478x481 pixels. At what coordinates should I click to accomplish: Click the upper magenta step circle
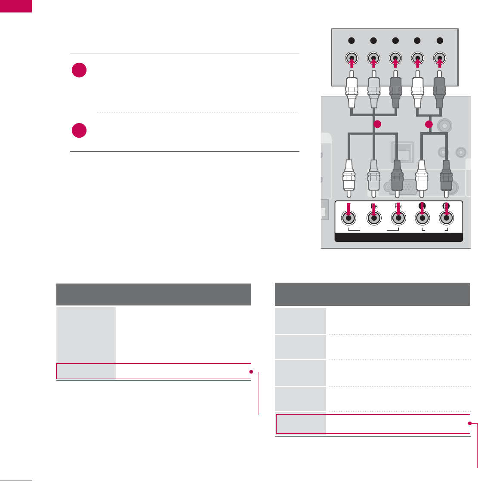[x=80, y=71]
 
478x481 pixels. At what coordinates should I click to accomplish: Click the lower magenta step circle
[x=80, y=130]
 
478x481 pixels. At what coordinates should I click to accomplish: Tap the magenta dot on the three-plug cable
[x=377, y=125]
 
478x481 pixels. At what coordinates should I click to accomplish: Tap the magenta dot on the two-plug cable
[x=429, y=125]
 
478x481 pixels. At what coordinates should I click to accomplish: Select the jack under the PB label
[x=373, y=219]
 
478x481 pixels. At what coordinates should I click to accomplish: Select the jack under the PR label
[x=398, y=219]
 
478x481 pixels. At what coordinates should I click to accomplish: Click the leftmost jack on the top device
[x=352, y=58]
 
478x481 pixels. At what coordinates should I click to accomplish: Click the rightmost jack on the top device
[x=439, y=58]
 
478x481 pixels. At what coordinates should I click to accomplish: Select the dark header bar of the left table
[x=154, y=294]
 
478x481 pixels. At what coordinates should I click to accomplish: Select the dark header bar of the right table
[x=372, y=294]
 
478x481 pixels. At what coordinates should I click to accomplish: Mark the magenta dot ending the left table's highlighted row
[x=251, y=371]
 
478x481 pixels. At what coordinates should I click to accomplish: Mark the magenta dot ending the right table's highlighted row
[x=470, y=424]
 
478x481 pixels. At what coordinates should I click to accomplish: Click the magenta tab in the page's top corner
[x=16, y=6]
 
